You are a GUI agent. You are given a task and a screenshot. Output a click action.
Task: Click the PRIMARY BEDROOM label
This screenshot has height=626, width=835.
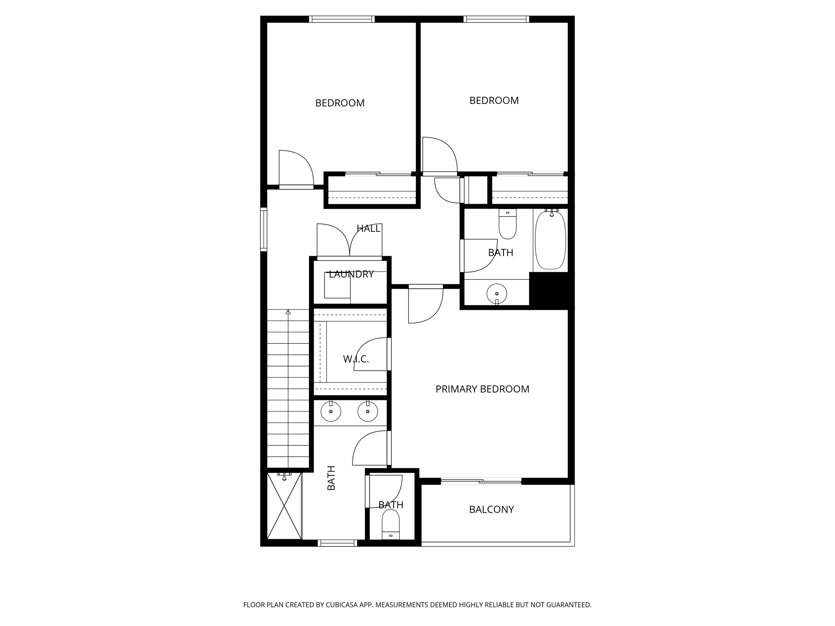coord(482,389)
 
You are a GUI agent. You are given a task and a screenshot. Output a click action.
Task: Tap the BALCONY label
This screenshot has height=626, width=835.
coord(491,509)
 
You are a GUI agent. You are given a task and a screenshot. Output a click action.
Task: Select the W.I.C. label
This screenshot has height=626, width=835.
coord(356,359)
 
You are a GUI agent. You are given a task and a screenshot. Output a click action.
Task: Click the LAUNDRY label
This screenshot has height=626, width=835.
coord(351,274)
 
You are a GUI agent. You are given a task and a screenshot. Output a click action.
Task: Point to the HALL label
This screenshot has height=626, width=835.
coord(368,229)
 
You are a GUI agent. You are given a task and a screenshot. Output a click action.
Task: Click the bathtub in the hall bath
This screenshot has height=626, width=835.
coord(550,240)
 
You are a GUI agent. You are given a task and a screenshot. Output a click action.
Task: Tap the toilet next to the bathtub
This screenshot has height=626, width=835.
coord(508,225)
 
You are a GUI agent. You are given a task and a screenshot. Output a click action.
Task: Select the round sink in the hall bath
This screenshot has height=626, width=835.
coord(497,293)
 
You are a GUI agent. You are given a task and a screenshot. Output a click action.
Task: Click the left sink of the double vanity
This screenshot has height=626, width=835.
coord(331,411)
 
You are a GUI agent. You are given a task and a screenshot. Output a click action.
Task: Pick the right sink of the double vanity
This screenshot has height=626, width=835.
coord(367,411)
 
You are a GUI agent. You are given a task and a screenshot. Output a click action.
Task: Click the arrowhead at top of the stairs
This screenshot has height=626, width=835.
coord(288,312)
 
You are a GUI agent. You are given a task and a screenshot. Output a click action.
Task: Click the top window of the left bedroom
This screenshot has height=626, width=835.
coord(342,19)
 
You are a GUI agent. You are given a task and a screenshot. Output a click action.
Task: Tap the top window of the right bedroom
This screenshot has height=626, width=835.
coord(496,19)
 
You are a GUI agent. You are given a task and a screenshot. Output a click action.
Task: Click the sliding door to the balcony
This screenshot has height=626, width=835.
coord(481,481)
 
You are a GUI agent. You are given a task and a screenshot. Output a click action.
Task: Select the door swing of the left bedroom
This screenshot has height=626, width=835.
coord(296,168)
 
